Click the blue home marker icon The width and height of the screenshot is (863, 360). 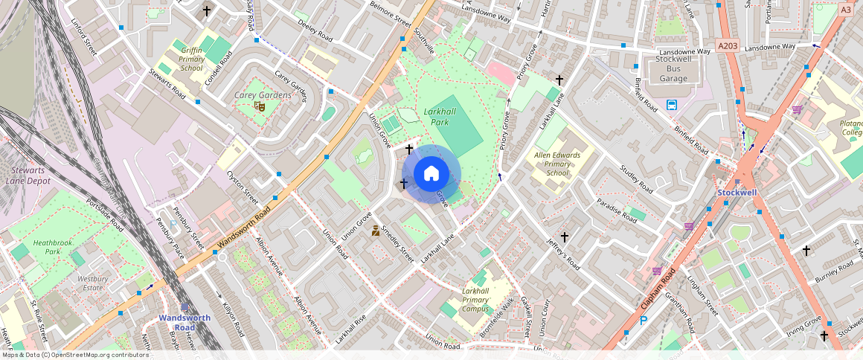tap(431, 174)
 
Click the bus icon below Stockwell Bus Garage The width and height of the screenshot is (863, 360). tap(673, 105)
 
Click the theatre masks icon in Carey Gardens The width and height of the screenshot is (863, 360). tap(260, 107)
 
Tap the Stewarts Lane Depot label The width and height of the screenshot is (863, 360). tap(27, 175)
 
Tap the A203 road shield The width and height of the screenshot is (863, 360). tap(728, 47)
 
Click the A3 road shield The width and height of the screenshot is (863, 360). tap(845, 10)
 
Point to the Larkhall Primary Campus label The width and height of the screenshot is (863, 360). tap(476, 300)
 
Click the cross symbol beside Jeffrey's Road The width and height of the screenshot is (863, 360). tap(565, 237)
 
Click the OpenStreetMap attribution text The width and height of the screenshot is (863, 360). tap(74, 355)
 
